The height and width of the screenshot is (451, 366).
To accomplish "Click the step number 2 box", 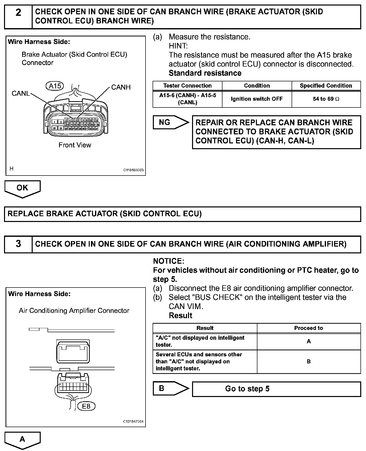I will coord(18,17).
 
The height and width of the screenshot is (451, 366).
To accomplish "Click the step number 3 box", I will coord(18,244).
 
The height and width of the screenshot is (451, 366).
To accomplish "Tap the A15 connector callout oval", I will coord(55,86).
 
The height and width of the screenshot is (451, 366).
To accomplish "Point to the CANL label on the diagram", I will coord(21,93).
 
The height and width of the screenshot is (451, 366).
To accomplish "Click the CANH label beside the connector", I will coord(121,87).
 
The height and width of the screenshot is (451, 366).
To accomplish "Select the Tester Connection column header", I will coord(187,86).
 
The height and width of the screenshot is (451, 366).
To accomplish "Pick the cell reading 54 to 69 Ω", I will coord(326,99).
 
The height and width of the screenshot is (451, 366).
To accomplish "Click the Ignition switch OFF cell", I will coord(257,99).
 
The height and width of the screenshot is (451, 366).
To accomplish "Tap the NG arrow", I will coord(170,123).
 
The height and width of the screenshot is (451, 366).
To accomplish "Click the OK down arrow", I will coord(22,188).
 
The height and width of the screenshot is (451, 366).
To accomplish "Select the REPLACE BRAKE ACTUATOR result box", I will coord(182,214).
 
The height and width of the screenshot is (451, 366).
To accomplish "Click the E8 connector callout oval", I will coord(86,406).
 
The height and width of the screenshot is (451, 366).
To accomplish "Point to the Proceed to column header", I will coord(308,328).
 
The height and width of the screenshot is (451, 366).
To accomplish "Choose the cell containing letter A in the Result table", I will coord(309,341).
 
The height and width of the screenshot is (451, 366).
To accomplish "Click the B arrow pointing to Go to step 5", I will coord(170,388).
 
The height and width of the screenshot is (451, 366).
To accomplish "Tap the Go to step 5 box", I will coord(276,389).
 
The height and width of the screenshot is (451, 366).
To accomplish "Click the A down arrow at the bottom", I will coord(22,440).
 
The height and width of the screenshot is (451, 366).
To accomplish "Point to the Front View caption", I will coord(75,145).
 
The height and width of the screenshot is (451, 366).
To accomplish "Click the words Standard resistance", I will coord(205,73).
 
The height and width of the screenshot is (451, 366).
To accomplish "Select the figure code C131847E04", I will coord(133,422).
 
